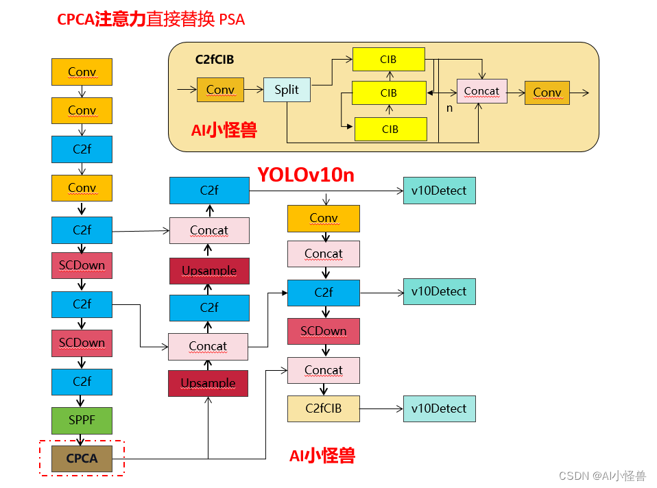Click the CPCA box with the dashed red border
(82, 458)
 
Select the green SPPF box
(82, 420)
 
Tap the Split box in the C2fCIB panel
(287, 90)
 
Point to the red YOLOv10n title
(306, 175)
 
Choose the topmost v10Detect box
(439, 191)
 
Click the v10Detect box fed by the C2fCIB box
(439, 408)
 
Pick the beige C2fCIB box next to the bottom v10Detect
(323, 408)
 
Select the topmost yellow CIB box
(388, 59)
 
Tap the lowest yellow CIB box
(390, 129)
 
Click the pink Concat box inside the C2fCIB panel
(481, 91)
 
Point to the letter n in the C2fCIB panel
(450, 108)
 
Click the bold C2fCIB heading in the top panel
(215, 60)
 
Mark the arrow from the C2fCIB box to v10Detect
(381, 409)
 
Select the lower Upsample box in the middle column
(208, 383)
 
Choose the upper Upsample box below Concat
(209, 271)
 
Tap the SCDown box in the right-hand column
(323, 331)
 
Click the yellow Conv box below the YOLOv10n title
(323, 218)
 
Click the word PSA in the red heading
(232, 20)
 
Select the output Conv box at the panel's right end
(547, 93)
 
